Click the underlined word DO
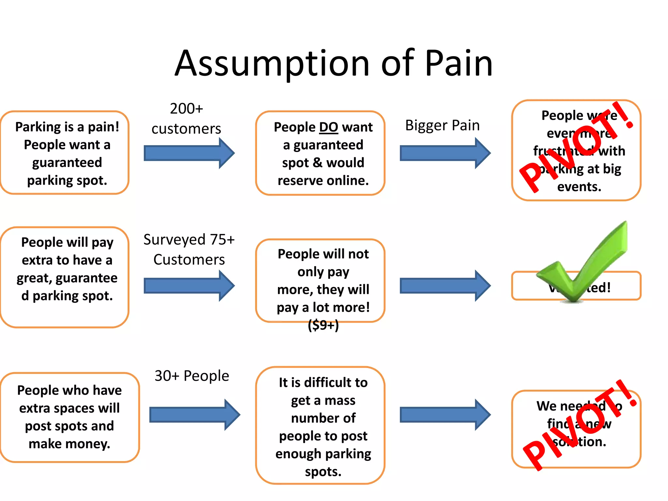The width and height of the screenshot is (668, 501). tap(328, 127)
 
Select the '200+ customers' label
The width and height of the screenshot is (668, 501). tap(186, 119)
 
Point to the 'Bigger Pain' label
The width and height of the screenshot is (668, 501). tap(442, 126)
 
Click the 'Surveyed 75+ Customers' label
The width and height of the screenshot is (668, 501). tap(189, 250)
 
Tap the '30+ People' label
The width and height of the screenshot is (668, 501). tap(192, 376)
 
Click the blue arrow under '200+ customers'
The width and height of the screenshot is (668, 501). tap(189, 153)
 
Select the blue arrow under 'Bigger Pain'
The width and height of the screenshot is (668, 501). tap(445, 153)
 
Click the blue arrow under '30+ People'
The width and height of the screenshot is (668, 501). tap(194, 415)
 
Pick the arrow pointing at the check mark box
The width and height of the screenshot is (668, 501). tap(445, 286)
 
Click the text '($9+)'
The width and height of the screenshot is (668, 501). tap(323, 325)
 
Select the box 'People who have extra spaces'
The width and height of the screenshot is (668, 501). tap(69, 417)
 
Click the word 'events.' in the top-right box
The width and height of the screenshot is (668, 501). tap(579, 187)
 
